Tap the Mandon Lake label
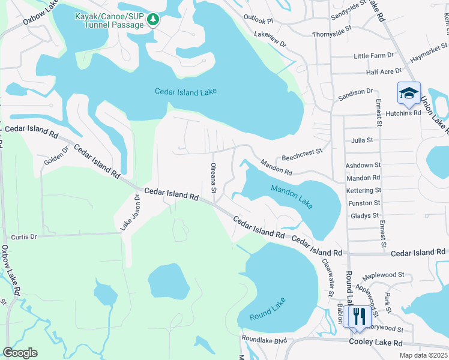click(x=291, y=196)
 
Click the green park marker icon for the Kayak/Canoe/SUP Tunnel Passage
click(x=153, y=20)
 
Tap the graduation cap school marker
click(x=409, y=93)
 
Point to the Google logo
click(x=20, y=352)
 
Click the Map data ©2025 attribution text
click(x=423, y=355)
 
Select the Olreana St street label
click(x=213, y=178)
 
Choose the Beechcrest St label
click(x=303, y=153)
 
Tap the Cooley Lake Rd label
click(x=375, y=342)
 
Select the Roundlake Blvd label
click(x=265, y=340)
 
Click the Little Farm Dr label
click(x=373, y=55)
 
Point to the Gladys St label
click(x=364, y=215)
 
